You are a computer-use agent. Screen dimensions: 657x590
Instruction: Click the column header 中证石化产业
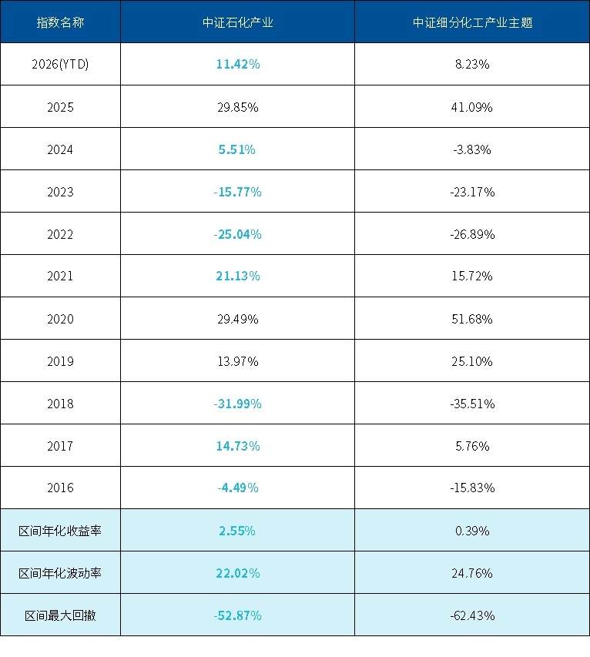[x=237, y=22]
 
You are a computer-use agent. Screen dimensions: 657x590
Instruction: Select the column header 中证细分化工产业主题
[x=472, y=22]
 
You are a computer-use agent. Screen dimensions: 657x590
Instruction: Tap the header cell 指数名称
[x=60, y=22]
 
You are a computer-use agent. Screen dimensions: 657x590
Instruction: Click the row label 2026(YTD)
[x=60, y=65]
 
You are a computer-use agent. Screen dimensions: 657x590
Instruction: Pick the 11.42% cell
[x=237, y=65]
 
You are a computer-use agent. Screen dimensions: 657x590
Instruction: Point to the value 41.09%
[x=472, y=107]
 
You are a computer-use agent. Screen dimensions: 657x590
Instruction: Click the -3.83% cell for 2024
[x=472, y=149]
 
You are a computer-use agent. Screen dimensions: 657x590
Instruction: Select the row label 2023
[x=60, y=192]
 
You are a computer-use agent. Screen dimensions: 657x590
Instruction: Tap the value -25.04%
[x=237, y=234]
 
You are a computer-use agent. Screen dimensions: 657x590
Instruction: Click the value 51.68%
[x=472, y=319]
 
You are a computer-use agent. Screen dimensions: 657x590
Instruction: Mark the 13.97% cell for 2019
[x=237, y=361]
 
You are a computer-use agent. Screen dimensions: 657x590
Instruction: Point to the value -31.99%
[x=237, y=404]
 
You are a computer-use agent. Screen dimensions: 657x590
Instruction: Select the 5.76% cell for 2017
[x=472, y=446]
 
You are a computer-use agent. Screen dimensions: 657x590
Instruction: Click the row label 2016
[x=60, y=488]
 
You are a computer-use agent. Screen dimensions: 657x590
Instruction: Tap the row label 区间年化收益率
[x=60, y=531]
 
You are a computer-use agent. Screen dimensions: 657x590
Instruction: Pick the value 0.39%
[x=472, y=531]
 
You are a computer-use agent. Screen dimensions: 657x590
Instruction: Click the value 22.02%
[x=237, y=573]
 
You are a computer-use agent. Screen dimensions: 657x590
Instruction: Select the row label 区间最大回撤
[x=60, y=615]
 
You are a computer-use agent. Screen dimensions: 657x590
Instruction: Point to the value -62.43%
[x=472, y=615]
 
